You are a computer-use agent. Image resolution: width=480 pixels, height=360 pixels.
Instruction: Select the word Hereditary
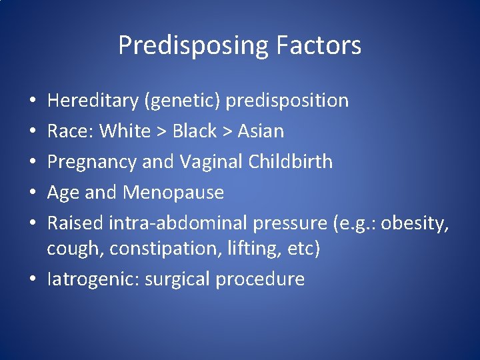click(x=91, y=101)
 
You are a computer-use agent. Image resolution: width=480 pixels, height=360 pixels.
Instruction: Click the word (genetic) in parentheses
click(x=181, y=101)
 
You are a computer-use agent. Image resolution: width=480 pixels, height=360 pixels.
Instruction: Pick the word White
click(x=125, y=131)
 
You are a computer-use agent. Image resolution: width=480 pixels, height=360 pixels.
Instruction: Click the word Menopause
click(x=173, y=193)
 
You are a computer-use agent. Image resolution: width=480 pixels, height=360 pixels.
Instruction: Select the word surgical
click(x=180, y=279)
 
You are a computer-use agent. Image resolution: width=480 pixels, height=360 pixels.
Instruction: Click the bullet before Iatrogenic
click(x=33, y=279)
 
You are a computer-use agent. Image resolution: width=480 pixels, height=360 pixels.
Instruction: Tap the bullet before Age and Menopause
click(x=33, y=193)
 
